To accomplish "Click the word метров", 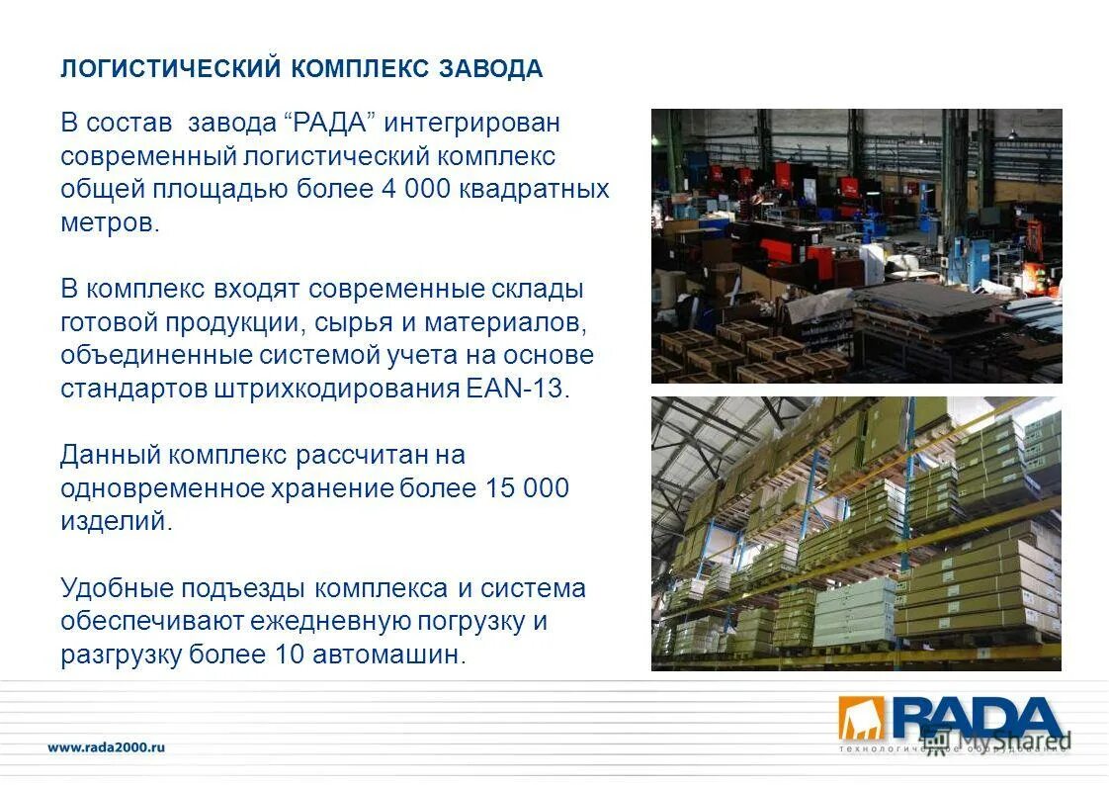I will pyautogui.click(x=109, y=222).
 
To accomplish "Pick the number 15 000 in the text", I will pyautogui.click(x=527, y=488).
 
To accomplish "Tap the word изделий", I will pyautogui.click(x=116, y=522).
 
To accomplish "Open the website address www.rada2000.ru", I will pyautogui.click(x=107, y=748).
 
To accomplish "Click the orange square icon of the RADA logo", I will pyautogui.click(x=862, y=718).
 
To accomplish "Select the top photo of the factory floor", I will pyautogui.click(x=856, y=246).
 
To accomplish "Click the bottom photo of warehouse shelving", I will pyautogui.click(x=856, y=534).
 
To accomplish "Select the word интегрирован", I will pyautogui.click(x=472, y=124).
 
